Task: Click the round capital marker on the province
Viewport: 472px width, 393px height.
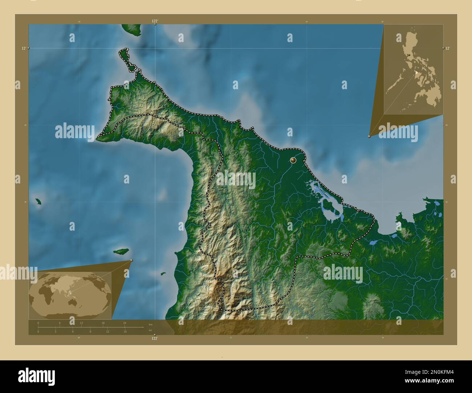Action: pos(293,160)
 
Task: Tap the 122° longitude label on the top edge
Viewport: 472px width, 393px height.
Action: pos(155,21)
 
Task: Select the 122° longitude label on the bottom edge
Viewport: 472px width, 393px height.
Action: pos(155,338)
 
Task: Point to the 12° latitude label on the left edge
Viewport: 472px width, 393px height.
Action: pos(24,48)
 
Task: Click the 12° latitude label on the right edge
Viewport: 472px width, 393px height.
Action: pos(447,48)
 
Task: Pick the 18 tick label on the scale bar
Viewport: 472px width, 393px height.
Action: pos(103,323)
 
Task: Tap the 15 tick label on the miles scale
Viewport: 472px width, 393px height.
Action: pos(125,331)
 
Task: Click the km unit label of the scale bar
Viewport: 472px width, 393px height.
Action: pos(150,324)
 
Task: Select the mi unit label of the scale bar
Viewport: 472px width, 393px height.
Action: pos(150,330)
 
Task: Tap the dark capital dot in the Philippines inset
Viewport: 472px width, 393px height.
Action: pos(409,55)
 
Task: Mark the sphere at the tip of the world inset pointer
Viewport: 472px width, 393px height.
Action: pos(131,260)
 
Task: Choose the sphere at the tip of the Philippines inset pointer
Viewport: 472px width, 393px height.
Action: pos(369,136)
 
